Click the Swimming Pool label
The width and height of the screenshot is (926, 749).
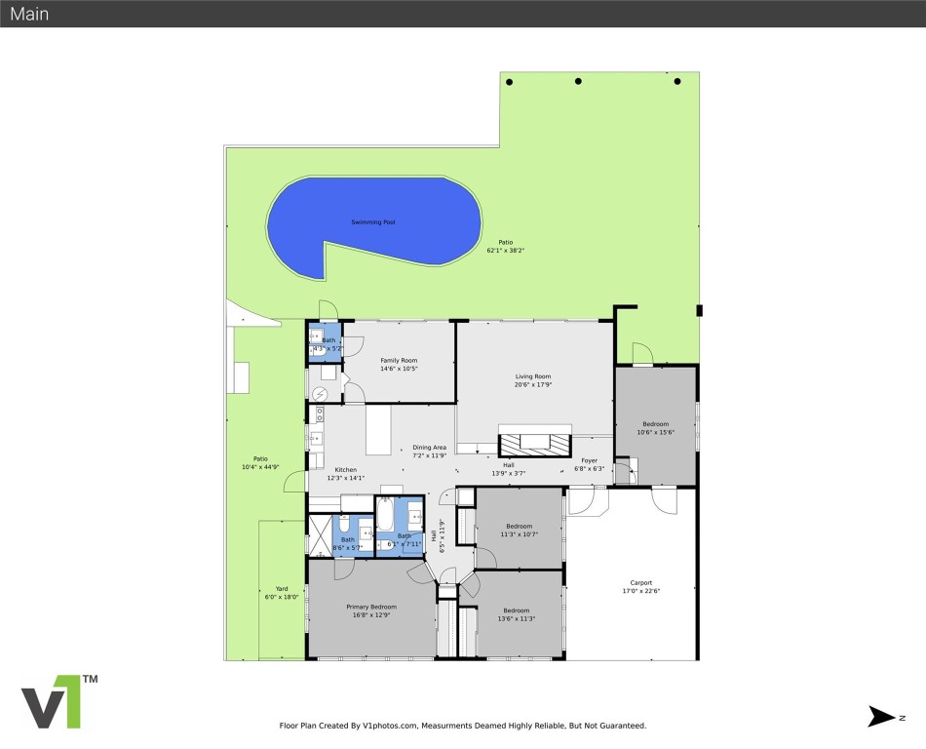click(x=373, y=222)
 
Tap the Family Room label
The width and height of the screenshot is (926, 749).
click(x=398, y=365)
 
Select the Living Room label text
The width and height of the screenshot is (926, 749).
click(x=533, y=380)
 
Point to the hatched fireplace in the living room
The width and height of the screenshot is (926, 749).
click(x=534, y=441)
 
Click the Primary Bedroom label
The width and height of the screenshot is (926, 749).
click(x=370, y=611)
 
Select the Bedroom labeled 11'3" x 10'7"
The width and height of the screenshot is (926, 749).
click(x=518, y=530)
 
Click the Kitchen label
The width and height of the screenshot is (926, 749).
click(x=346, y=473)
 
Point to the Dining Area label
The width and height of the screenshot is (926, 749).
click(x=429, y=451)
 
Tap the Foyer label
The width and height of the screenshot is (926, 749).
click(x=589, y=463)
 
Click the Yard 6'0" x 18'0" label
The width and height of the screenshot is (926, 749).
click(x=281, y=592)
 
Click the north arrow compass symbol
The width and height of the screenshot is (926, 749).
click(x=880, y=717)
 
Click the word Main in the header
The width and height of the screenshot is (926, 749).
click(x=29, y=14)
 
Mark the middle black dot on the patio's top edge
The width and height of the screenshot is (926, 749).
click(x=578, y=81)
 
